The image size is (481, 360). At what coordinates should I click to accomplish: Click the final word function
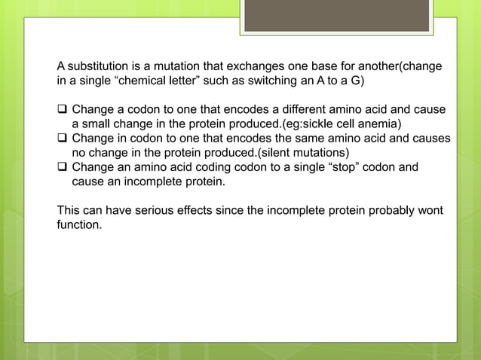(78, 224)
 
